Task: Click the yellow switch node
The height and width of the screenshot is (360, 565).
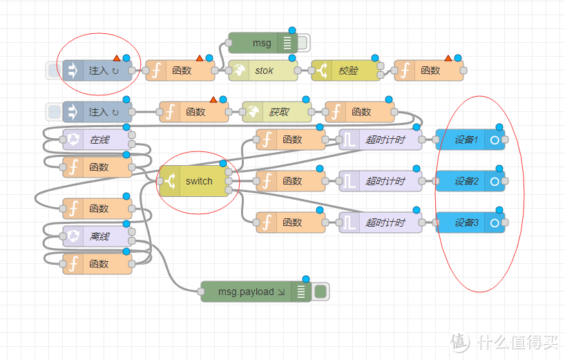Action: click(194, 181)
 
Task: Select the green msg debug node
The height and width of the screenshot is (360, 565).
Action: click(263, 43)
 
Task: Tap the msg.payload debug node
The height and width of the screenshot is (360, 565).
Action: click(256, 292)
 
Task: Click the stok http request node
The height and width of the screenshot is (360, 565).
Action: click(263, 70)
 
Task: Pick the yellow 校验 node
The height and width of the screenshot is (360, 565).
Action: click(346, 70)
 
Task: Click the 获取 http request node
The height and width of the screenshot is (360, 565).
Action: click(277, 112)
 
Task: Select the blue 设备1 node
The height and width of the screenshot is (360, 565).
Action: click(470, 140)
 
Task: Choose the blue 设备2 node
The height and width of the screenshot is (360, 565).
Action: click(470, 181)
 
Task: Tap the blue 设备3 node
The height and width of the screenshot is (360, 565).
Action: click(470, 222)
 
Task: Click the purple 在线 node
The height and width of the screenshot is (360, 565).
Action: click(97, 140)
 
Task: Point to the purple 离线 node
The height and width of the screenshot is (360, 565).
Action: click(97, 236)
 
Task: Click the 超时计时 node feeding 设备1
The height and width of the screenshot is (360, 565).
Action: click(381, 140)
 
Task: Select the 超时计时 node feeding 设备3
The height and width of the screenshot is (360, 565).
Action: click(381, 222)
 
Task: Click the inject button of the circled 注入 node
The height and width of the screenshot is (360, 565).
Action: click(53, 70)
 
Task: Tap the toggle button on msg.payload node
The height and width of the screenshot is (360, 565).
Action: click(320, 292)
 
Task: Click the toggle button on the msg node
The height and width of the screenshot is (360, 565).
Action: click(303, 43)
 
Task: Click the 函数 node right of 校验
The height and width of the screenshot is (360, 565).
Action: click(429, 70)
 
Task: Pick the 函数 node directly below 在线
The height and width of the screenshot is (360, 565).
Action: click(97, 167)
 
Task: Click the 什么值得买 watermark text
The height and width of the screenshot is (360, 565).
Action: click(518, 341)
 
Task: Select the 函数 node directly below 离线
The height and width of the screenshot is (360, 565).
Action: click(97, 264)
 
